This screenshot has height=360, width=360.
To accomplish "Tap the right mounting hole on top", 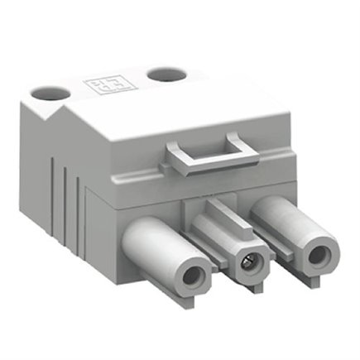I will click(x=162, y=74).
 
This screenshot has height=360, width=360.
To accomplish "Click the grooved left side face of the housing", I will click(x=66, y=199).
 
